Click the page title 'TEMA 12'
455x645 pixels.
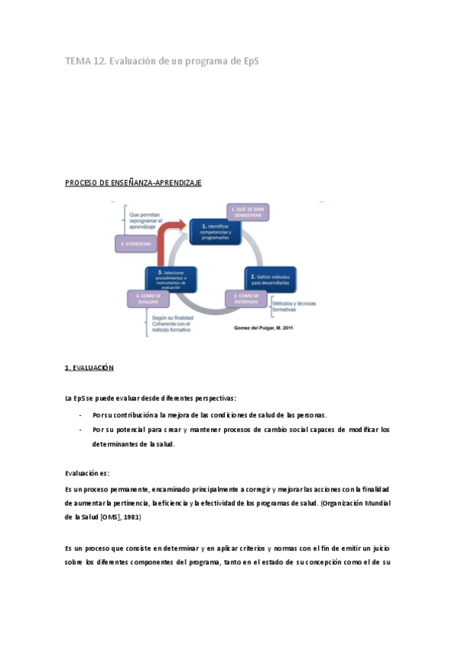85,61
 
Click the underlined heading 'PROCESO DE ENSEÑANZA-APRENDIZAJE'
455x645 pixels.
133,183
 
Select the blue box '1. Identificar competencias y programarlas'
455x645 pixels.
215,231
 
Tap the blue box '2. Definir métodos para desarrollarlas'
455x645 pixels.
271,278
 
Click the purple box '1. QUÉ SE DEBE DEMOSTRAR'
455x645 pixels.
248,212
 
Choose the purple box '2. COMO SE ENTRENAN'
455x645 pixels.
247,298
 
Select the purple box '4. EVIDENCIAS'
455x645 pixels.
136,243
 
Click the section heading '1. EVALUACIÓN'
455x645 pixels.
89,367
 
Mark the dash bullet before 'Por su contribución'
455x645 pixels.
81,415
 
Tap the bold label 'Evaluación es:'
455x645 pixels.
87,472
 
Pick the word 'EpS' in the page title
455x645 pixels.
248,61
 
